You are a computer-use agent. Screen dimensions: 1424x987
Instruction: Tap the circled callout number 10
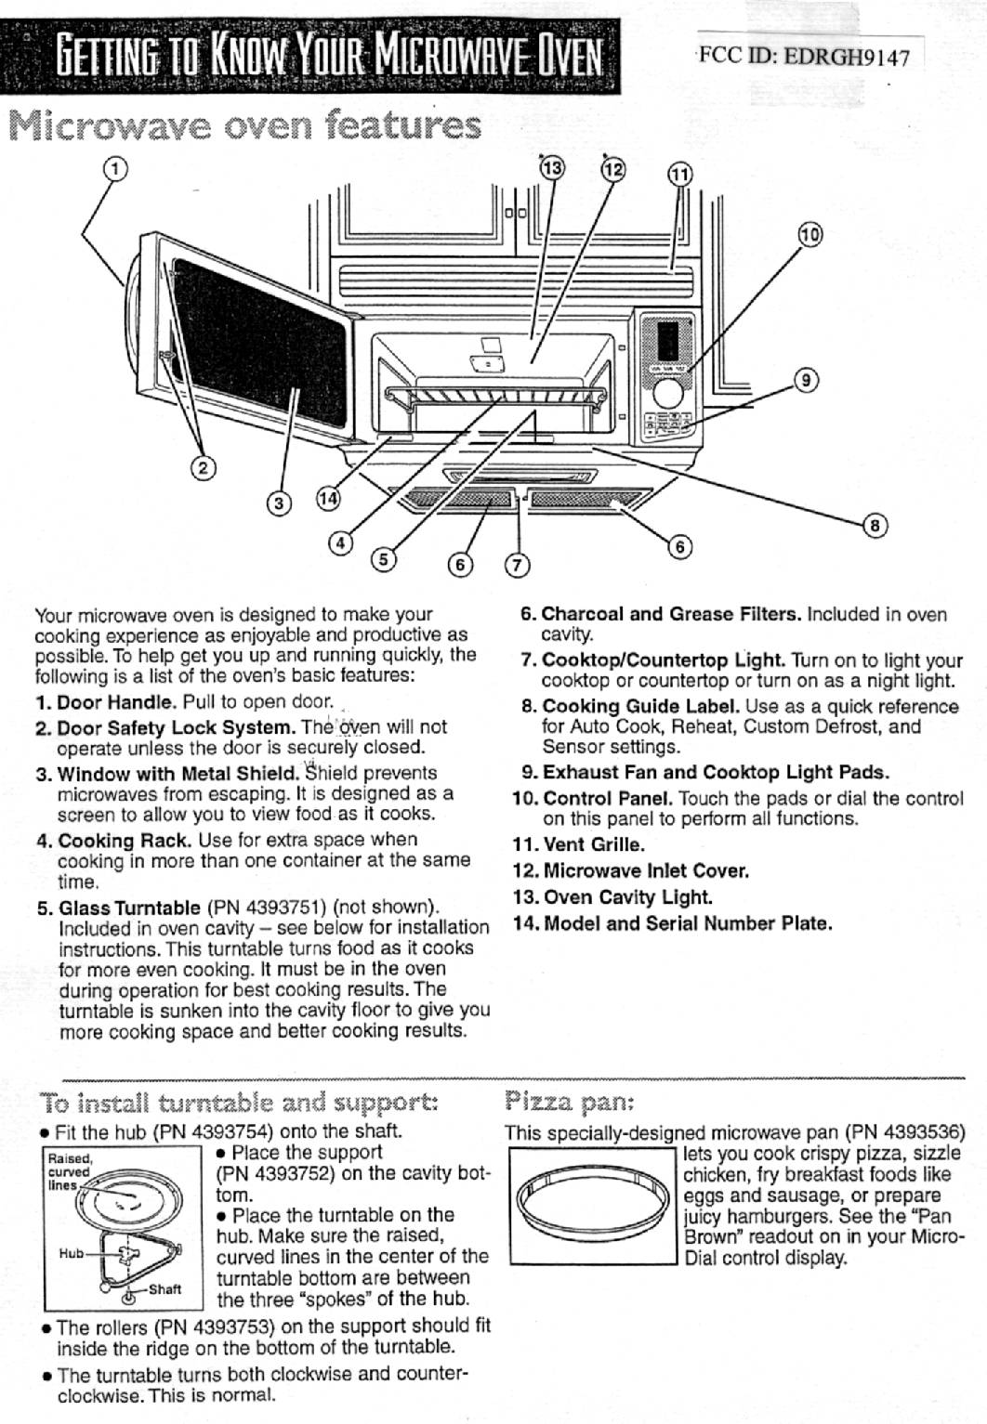pyautogui.click(x=809, y=234)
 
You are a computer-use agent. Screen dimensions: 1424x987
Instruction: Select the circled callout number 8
pyautogui.click(x=875, y=527)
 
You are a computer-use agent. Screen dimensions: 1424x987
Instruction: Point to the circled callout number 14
pyautogui.click(x=329, y=498)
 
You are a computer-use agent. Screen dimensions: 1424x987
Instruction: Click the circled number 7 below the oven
pyautogui.click(x=517, y=565)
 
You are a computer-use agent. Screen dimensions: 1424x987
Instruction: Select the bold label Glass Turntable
pyautogui.click(x=129, y=908)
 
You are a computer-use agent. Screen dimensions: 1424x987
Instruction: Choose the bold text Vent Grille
pyautogui.click(x=593, y=845)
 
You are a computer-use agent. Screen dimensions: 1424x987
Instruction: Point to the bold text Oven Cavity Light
pyautogui.click(x=627, y=897)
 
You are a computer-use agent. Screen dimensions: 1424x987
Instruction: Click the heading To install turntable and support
pyautogui.click(x=239, y=1104)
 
